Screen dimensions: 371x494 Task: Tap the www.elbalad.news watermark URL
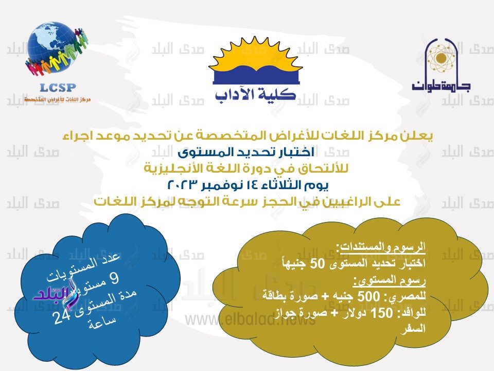[x=251, y=320]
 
